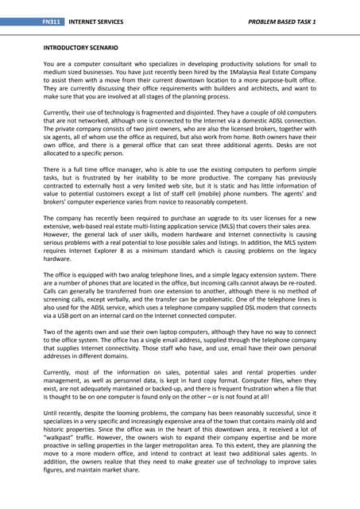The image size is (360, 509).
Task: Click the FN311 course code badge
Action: pyautogui.click(x=54, y=18)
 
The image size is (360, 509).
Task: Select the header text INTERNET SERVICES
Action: pyautogui.click(x=96, y=18)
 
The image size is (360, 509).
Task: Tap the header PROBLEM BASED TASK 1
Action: pyautogui.click(x=271, y=18)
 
